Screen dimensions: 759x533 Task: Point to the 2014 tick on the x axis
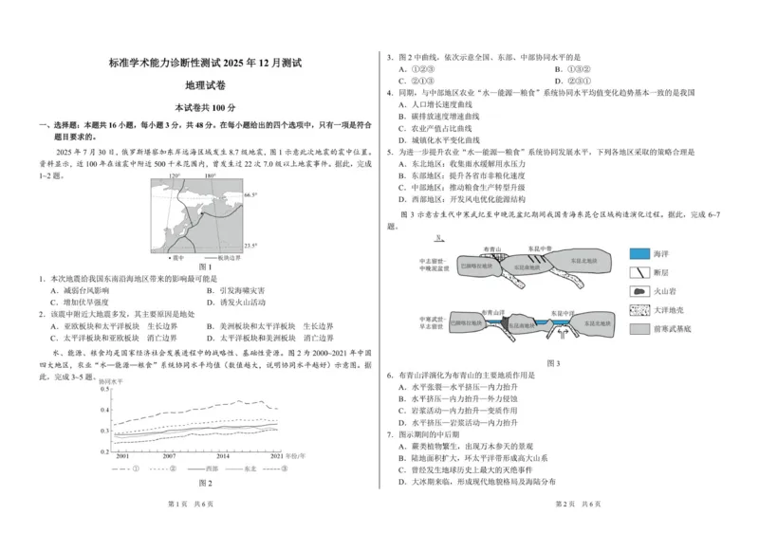tap(222, 456)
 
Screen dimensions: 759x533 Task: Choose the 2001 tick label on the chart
tap(122, 456)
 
